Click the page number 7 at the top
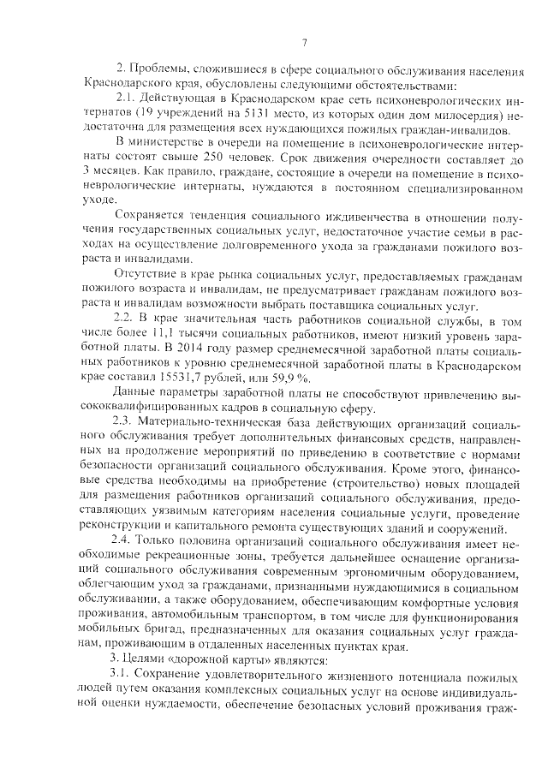[x=305, y=45]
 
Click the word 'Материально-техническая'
[x=207, y=424]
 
